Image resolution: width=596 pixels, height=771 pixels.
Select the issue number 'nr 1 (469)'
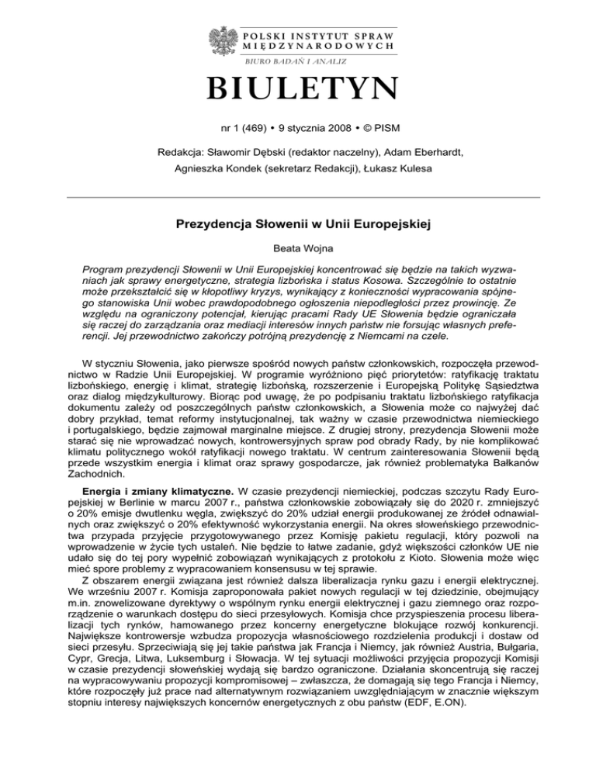click(x=237, y=128)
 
